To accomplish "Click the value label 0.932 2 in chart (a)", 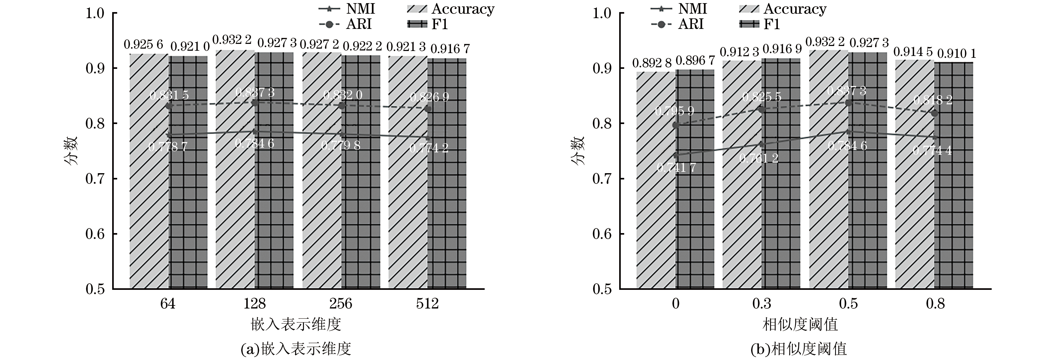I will (233, 40).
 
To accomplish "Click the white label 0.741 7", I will (676, 167).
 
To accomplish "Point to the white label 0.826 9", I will (429, 97).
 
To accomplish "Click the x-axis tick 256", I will (341, 304).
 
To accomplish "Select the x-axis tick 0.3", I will (762, 304).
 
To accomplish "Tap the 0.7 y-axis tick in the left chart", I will (95, 179).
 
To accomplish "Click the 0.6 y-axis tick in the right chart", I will (602, 234).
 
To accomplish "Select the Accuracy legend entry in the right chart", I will (782, 9).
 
